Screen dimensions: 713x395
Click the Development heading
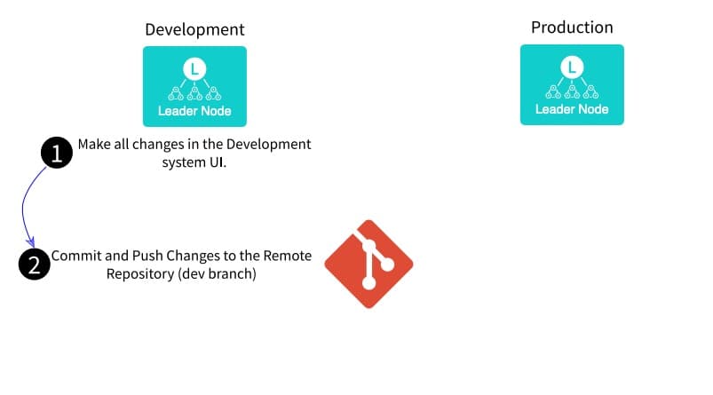[x=194, y=29]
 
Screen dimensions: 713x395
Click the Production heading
[x=572, y=28]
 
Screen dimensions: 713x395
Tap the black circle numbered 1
[x=57, y=153]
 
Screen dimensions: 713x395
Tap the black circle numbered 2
[x=34, y=265]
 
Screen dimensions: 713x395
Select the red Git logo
[x=368, y=265]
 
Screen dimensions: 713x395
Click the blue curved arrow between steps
[x=23, y=207]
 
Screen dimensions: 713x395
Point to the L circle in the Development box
[x=194, y=69]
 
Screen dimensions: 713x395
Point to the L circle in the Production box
[x=572, y=67]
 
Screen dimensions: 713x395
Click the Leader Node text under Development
[x=194, y=111]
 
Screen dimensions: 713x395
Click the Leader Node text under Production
[x=572, y=109]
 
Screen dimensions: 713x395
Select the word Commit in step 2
[x=76, y=256]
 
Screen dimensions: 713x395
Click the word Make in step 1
[x=94, y=144]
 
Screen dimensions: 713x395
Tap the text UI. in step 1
[x=218, y=162]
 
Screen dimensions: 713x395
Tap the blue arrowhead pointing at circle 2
[x=30, y=242]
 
